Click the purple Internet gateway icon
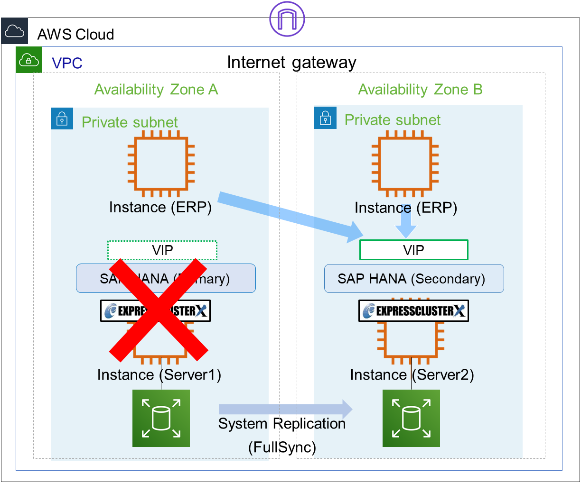click(287, 18)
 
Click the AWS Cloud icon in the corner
click(14, 31)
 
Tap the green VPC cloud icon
click(29, 60)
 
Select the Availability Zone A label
click(156, 90)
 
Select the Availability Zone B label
click(420, 90)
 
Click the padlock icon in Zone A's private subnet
click(62, 118)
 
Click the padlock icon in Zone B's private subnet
click(325, 117)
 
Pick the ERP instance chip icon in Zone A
click(161, 163)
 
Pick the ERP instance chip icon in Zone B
click(405, 163)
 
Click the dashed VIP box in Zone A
click(162, 250)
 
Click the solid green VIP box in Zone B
click(413, 250)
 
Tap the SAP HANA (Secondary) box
click(413, 279)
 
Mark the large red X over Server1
click(159, 309)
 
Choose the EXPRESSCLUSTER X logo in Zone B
click(413, 311)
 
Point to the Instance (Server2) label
click(412, 375)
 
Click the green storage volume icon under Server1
click(161, 418)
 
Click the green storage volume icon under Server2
click(411, 418)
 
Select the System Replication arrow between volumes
click(285, 409)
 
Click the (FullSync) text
click(282, 447)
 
